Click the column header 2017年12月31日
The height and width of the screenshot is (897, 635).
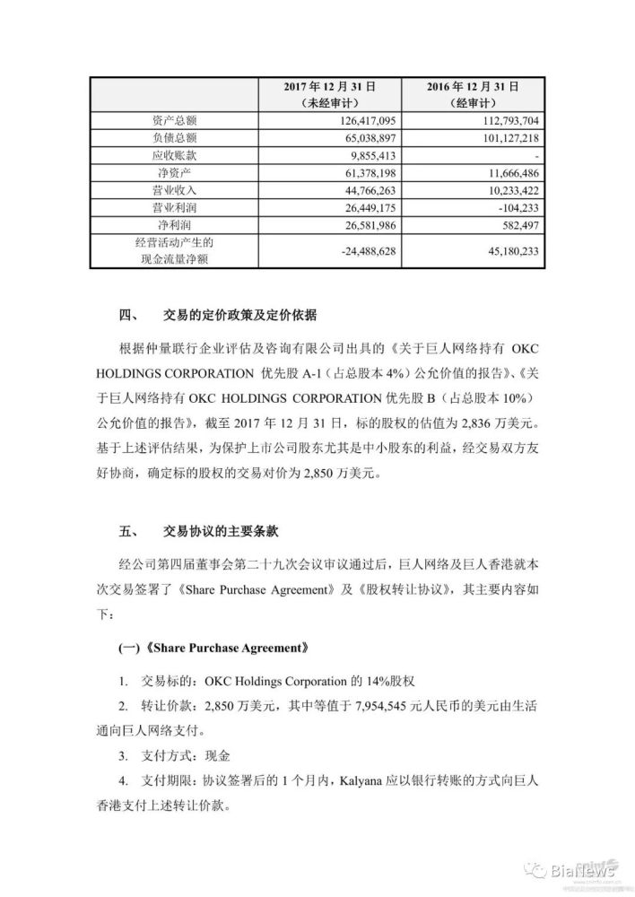(328, 85)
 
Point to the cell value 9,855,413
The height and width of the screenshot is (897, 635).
(382, 155)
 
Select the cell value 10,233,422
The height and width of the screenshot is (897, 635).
(509, 190)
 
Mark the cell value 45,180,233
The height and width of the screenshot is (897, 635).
(509, 251)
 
